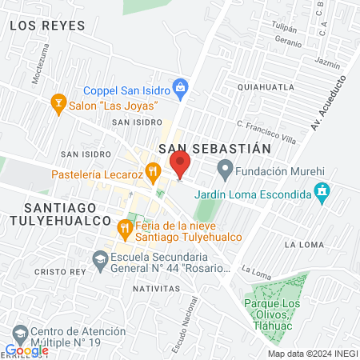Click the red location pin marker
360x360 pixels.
pos(181,166)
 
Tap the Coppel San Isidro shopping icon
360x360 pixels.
pos(182,86)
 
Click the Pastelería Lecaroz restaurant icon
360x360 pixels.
pos(156,170)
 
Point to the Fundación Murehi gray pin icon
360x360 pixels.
pos(226,169)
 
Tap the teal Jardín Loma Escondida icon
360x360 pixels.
pos(322,192)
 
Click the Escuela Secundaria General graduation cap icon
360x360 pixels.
pos(100,258)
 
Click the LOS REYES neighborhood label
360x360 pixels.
pos(47,26)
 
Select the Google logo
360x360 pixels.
pos(26,350)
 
